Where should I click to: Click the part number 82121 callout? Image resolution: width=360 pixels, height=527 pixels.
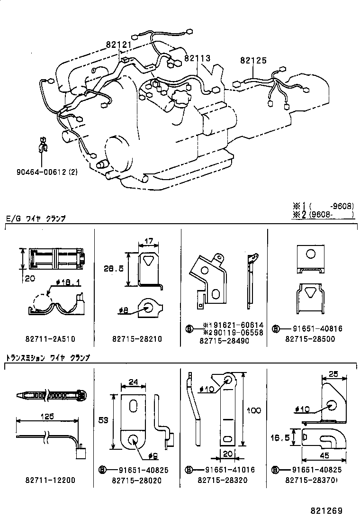(x=118, y=45)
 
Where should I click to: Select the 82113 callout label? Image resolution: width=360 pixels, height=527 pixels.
(x=197, y=58)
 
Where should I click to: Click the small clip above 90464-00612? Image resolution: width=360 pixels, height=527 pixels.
(x=43, y=145)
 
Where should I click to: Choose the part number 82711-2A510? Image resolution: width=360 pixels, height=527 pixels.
(x=50, y=339)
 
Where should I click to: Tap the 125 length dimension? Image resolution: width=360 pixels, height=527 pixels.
(x=47, y=416)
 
